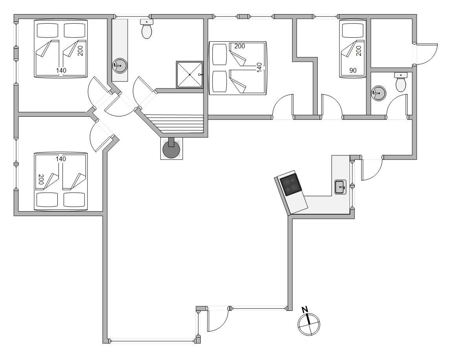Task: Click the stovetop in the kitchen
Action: (291, 184)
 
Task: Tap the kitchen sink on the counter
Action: (340, 187)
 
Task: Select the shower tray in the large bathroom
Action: (189, 74)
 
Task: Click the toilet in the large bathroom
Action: (147, 29)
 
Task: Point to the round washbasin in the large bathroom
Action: (119, 66)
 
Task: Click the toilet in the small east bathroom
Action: (401, 82)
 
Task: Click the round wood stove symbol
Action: (172, 149)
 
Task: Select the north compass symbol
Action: (309, 324)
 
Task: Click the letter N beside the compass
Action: (304, 310)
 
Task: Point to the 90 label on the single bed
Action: (353, 70)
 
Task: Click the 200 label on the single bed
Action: (359, 51)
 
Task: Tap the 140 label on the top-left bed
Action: (61, 70)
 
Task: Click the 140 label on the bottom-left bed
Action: (61, 159)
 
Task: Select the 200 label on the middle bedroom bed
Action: (240, 46)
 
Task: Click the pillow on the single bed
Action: (353, 30)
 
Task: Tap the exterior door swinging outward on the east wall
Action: (426, 54)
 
